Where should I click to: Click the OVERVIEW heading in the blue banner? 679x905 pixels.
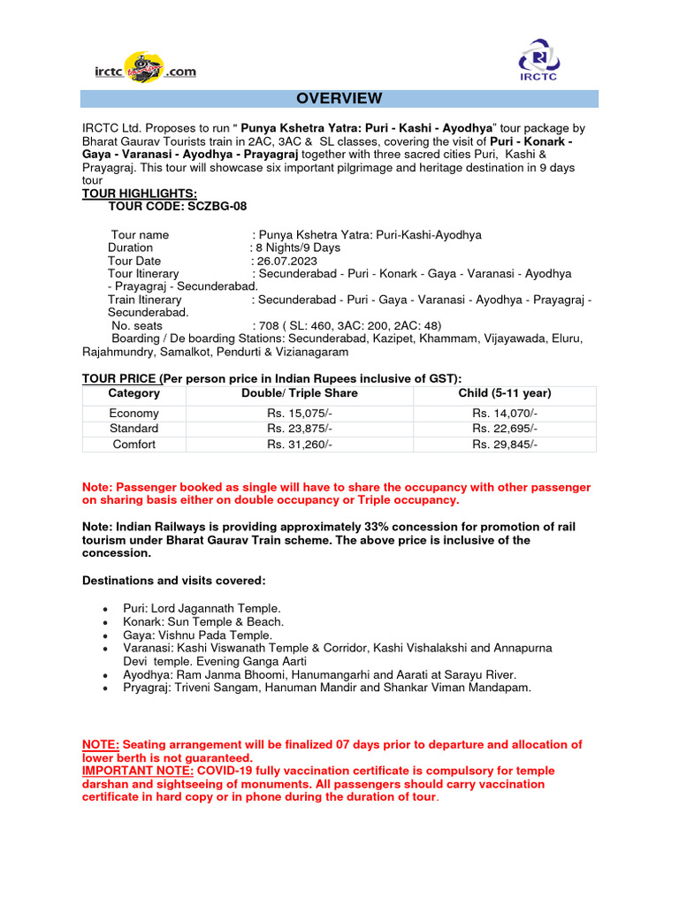[339, 98]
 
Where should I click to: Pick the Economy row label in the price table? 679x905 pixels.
[134, 413]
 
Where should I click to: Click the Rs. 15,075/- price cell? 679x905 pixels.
[300, 413]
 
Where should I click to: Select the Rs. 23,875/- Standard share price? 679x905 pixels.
[300, 429]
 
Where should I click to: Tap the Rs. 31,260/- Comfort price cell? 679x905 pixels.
[300, 445]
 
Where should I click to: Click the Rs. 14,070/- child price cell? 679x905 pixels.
[504, 413]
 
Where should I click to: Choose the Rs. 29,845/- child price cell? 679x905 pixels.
[504, 445]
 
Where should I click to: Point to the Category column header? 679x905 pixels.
[134, 393]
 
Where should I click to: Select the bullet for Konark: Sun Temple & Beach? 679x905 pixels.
[106, 623]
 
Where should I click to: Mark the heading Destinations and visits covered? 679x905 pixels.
[173, 581]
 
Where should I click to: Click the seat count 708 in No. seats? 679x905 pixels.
[269, 325]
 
